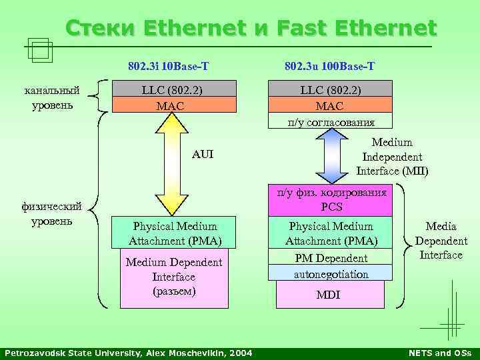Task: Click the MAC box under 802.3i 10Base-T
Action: (174, 106)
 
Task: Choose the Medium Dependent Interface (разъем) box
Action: (174, 277)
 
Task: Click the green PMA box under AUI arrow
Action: (174, 233)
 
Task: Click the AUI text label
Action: (203, 154)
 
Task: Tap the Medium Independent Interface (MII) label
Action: (392, 157)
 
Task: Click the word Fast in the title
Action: (307, 29)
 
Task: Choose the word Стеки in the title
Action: (100, 29)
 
